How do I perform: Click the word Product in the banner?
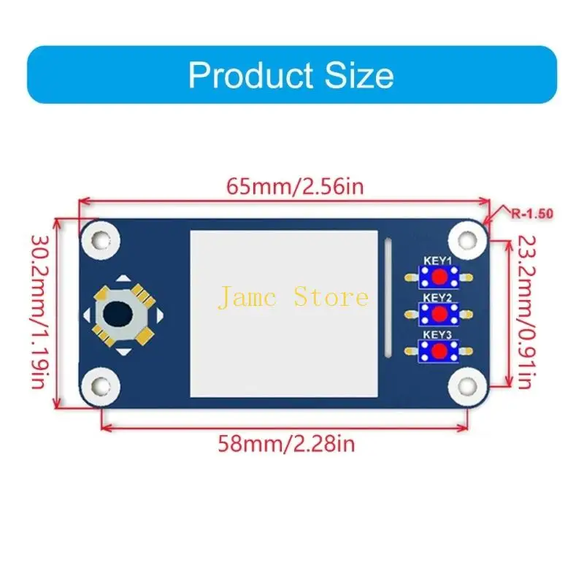point(250,75)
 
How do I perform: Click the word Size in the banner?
point(359,75)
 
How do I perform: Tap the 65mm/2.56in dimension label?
point(295,186)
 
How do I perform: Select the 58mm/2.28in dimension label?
point(286,444)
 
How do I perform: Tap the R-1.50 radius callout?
point(532,214)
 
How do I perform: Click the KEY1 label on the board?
point(437,261)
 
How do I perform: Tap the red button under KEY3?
point(440,350)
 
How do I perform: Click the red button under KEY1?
point(440,277)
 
